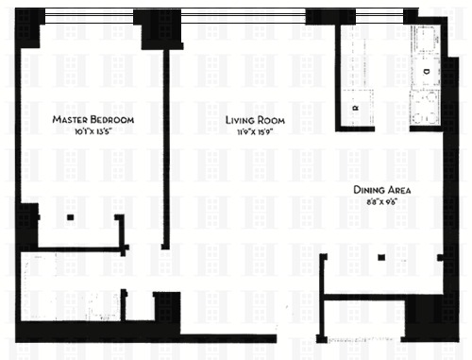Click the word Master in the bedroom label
pyautogui.click(x=71, y=120)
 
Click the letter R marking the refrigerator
pyautogui.click(x=355, y=109)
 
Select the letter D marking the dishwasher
pyautogui.click(x=426, y=71)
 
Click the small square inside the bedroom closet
pyautogui.click(x=70, y=218)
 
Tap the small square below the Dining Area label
pyautogui.click(x=381, y=257)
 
